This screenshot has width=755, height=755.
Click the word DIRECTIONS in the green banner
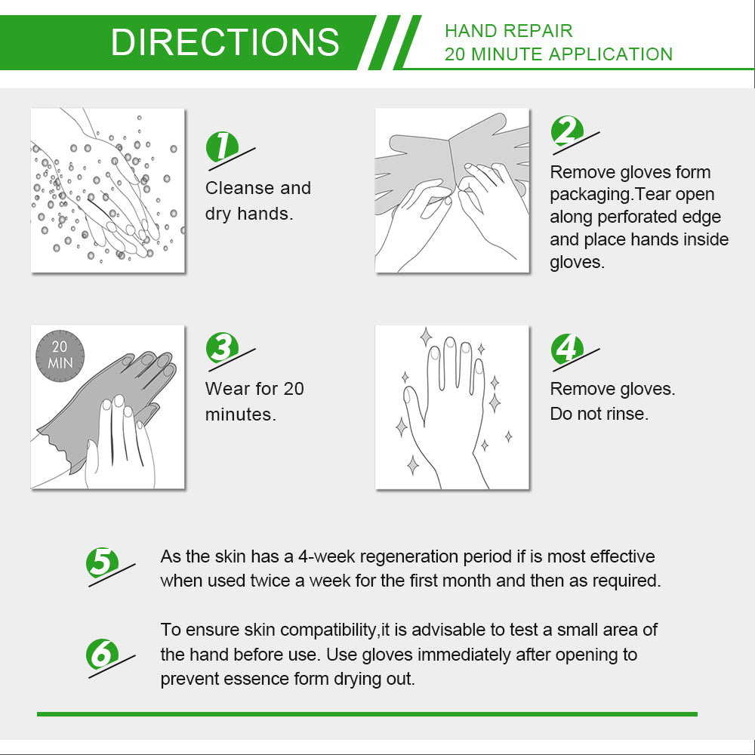point(225,42)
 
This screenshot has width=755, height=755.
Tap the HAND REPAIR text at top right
point(508,31)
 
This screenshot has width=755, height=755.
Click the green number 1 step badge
point(222,147)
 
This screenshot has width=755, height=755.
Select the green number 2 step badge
point(567,131)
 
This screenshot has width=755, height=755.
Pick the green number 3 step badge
point(222,347)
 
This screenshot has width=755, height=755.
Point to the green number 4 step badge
point(567,349)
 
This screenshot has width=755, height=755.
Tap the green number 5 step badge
point(102,562)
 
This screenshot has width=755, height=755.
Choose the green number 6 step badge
point(102,654)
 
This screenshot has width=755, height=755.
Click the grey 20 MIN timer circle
point(60,356)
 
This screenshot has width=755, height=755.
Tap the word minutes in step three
point(240,414)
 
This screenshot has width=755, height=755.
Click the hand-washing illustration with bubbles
point(108,190)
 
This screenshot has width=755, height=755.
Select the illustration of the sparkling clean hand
point(452,408)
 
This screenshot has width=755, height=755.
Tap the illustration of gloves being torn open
point(452,190)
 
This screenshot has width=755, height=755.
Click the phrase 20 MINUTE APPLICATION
point(559,54)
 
